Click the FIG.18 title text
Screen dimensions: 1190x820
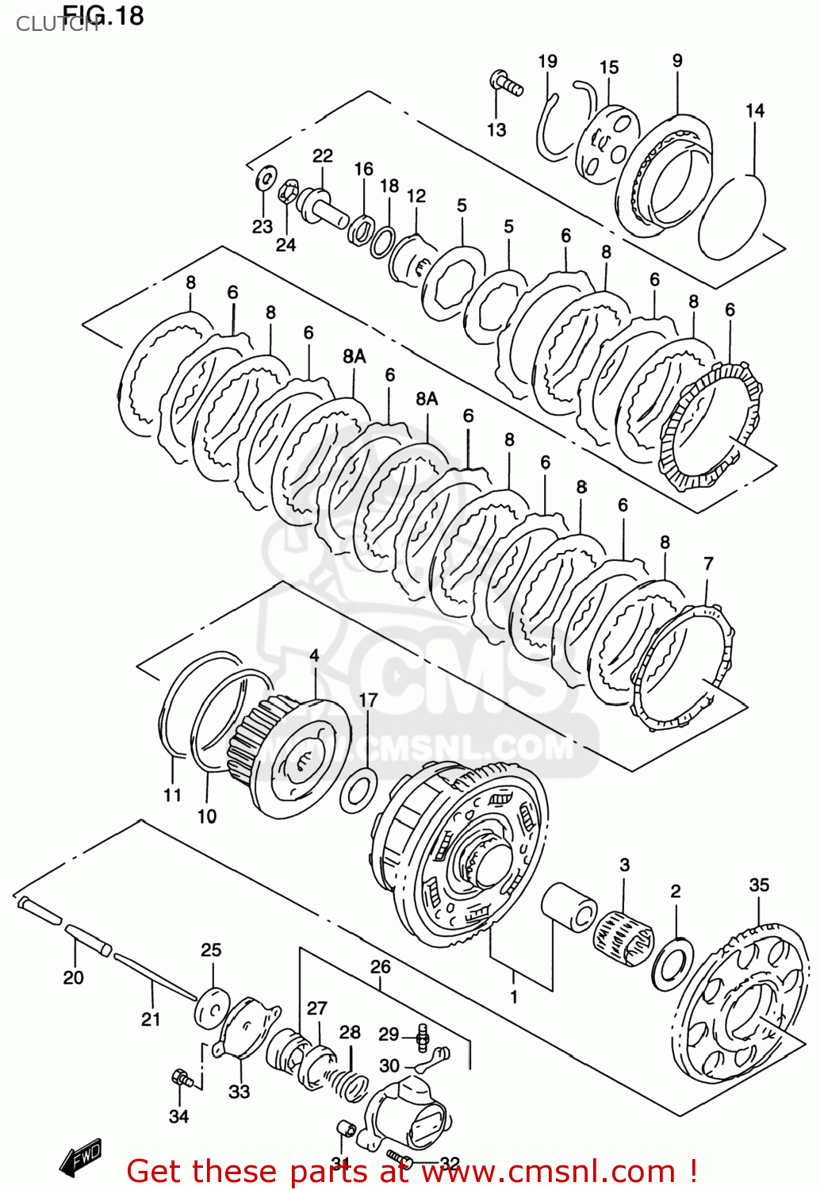103,15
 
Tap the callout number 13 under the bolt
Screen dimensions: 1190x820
496,129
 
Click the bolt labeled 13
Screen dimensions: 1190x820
505,83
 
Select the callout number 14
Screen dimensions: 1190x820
754,111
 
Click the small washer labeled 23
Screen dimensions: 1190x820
266,178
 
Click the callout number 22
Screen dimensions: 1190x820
322,155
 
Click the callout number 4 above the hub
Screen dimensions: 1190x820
315,655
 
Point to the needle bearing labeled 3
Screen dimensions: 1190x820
623,939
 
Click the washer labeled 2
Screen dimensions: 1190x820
672,963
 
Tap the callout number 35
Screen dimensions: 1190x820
759,885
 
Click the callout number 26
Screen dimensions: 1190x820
380,966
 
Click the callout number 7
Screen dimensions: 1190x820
708,563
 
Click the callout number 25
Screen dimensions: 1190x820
211,950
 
